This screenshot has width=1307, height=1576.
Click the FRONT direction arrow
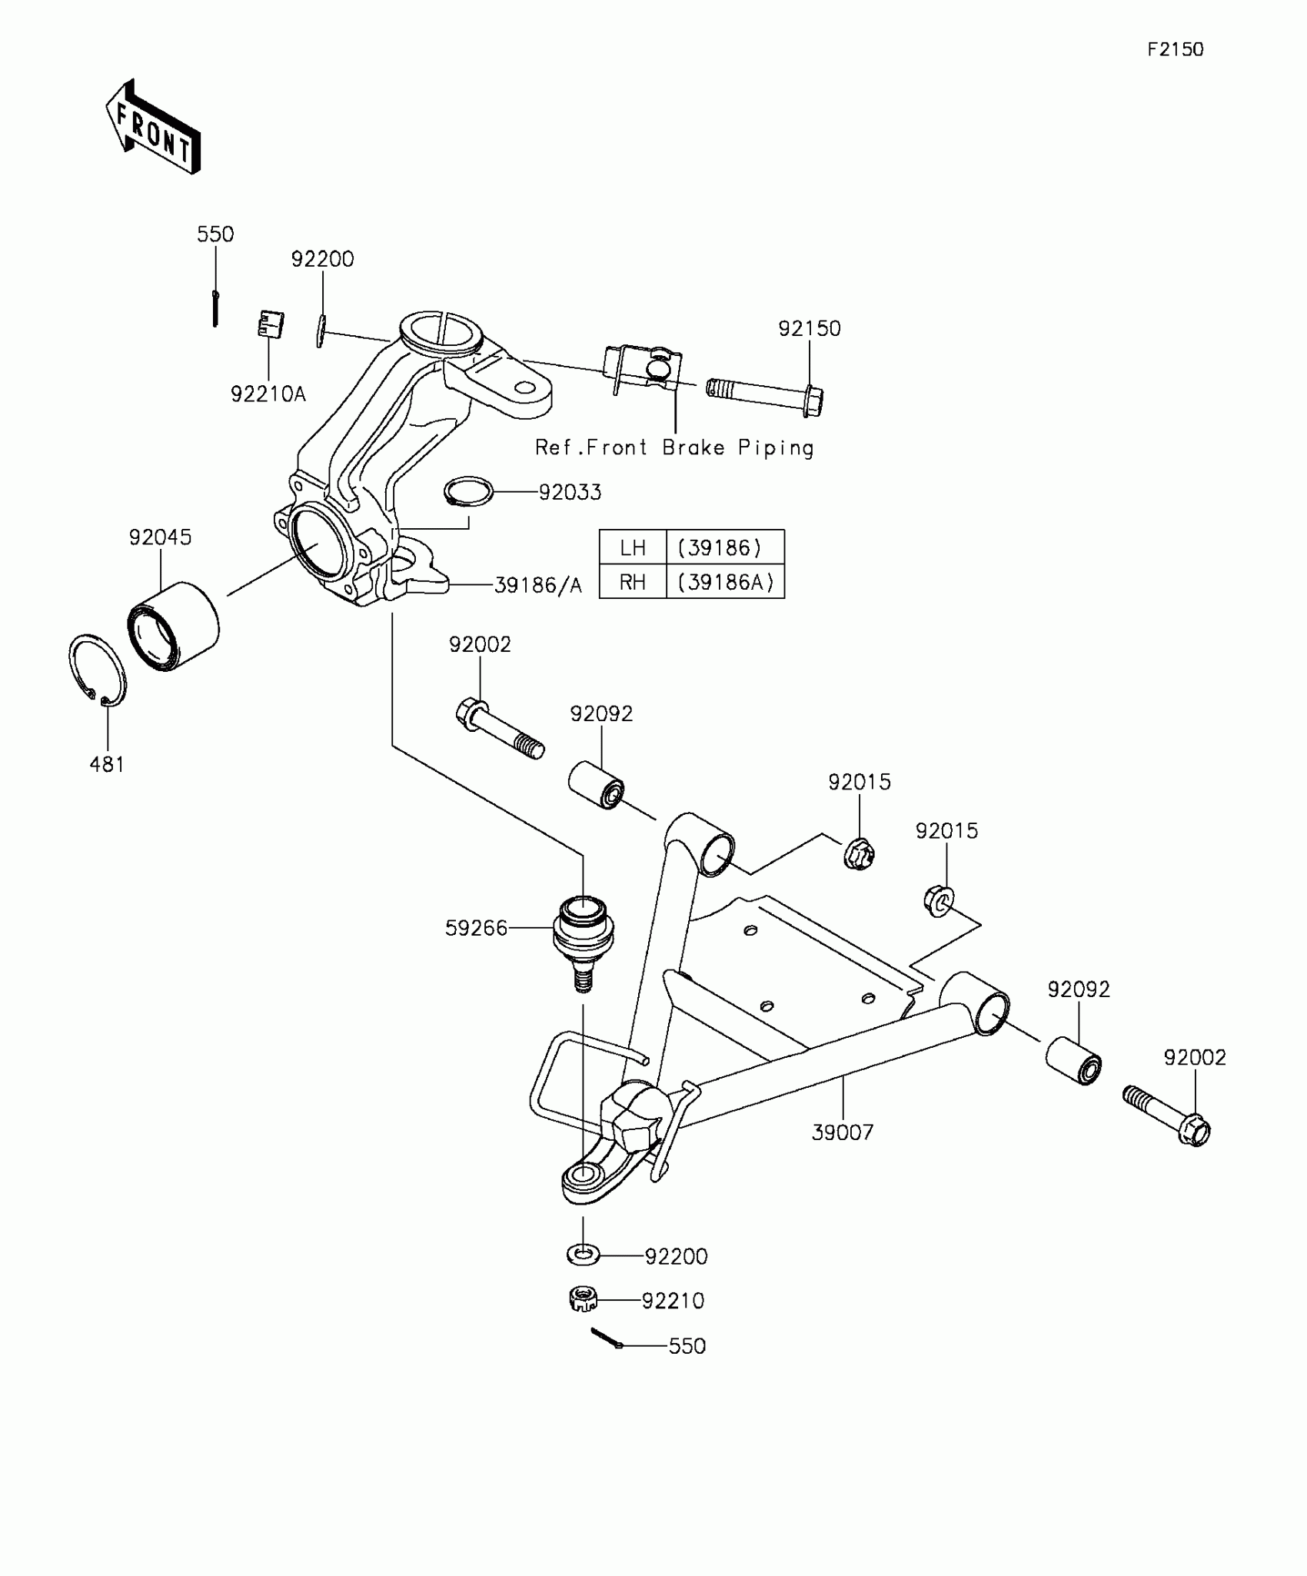(153, 127)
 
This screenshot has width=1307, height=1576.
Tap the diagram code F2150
(1175, 50)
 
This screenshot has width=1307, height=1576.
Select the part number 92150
(809, 328)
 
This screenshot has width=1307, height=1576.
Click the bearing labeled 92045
(173, 627)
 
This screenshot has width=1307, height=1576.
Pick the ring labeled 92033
(468, 491)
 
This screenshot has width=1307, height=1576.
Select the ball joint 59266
(584, 934)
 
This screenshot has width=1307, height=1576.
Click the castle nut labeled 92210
(584, 1299)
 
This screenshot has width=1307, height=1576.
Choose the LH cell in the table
(633, 547)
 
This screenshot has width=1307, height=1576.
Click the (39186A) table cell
(725, 582)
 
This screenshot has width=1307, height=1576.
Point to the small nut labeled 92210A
(270, 324)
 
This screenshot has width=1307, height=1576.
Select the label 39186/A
(537, 586)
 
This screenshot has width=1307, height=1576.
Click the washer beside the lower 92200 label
(583, 1255)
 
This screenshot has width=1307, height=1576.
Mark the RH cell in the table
(633, 582)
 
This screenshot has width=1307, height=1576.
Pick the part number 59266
(476, 928)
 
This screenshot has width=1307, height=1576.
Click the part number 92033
(570, 492)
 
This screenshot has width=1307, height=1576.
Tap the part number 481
(107, 764)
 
